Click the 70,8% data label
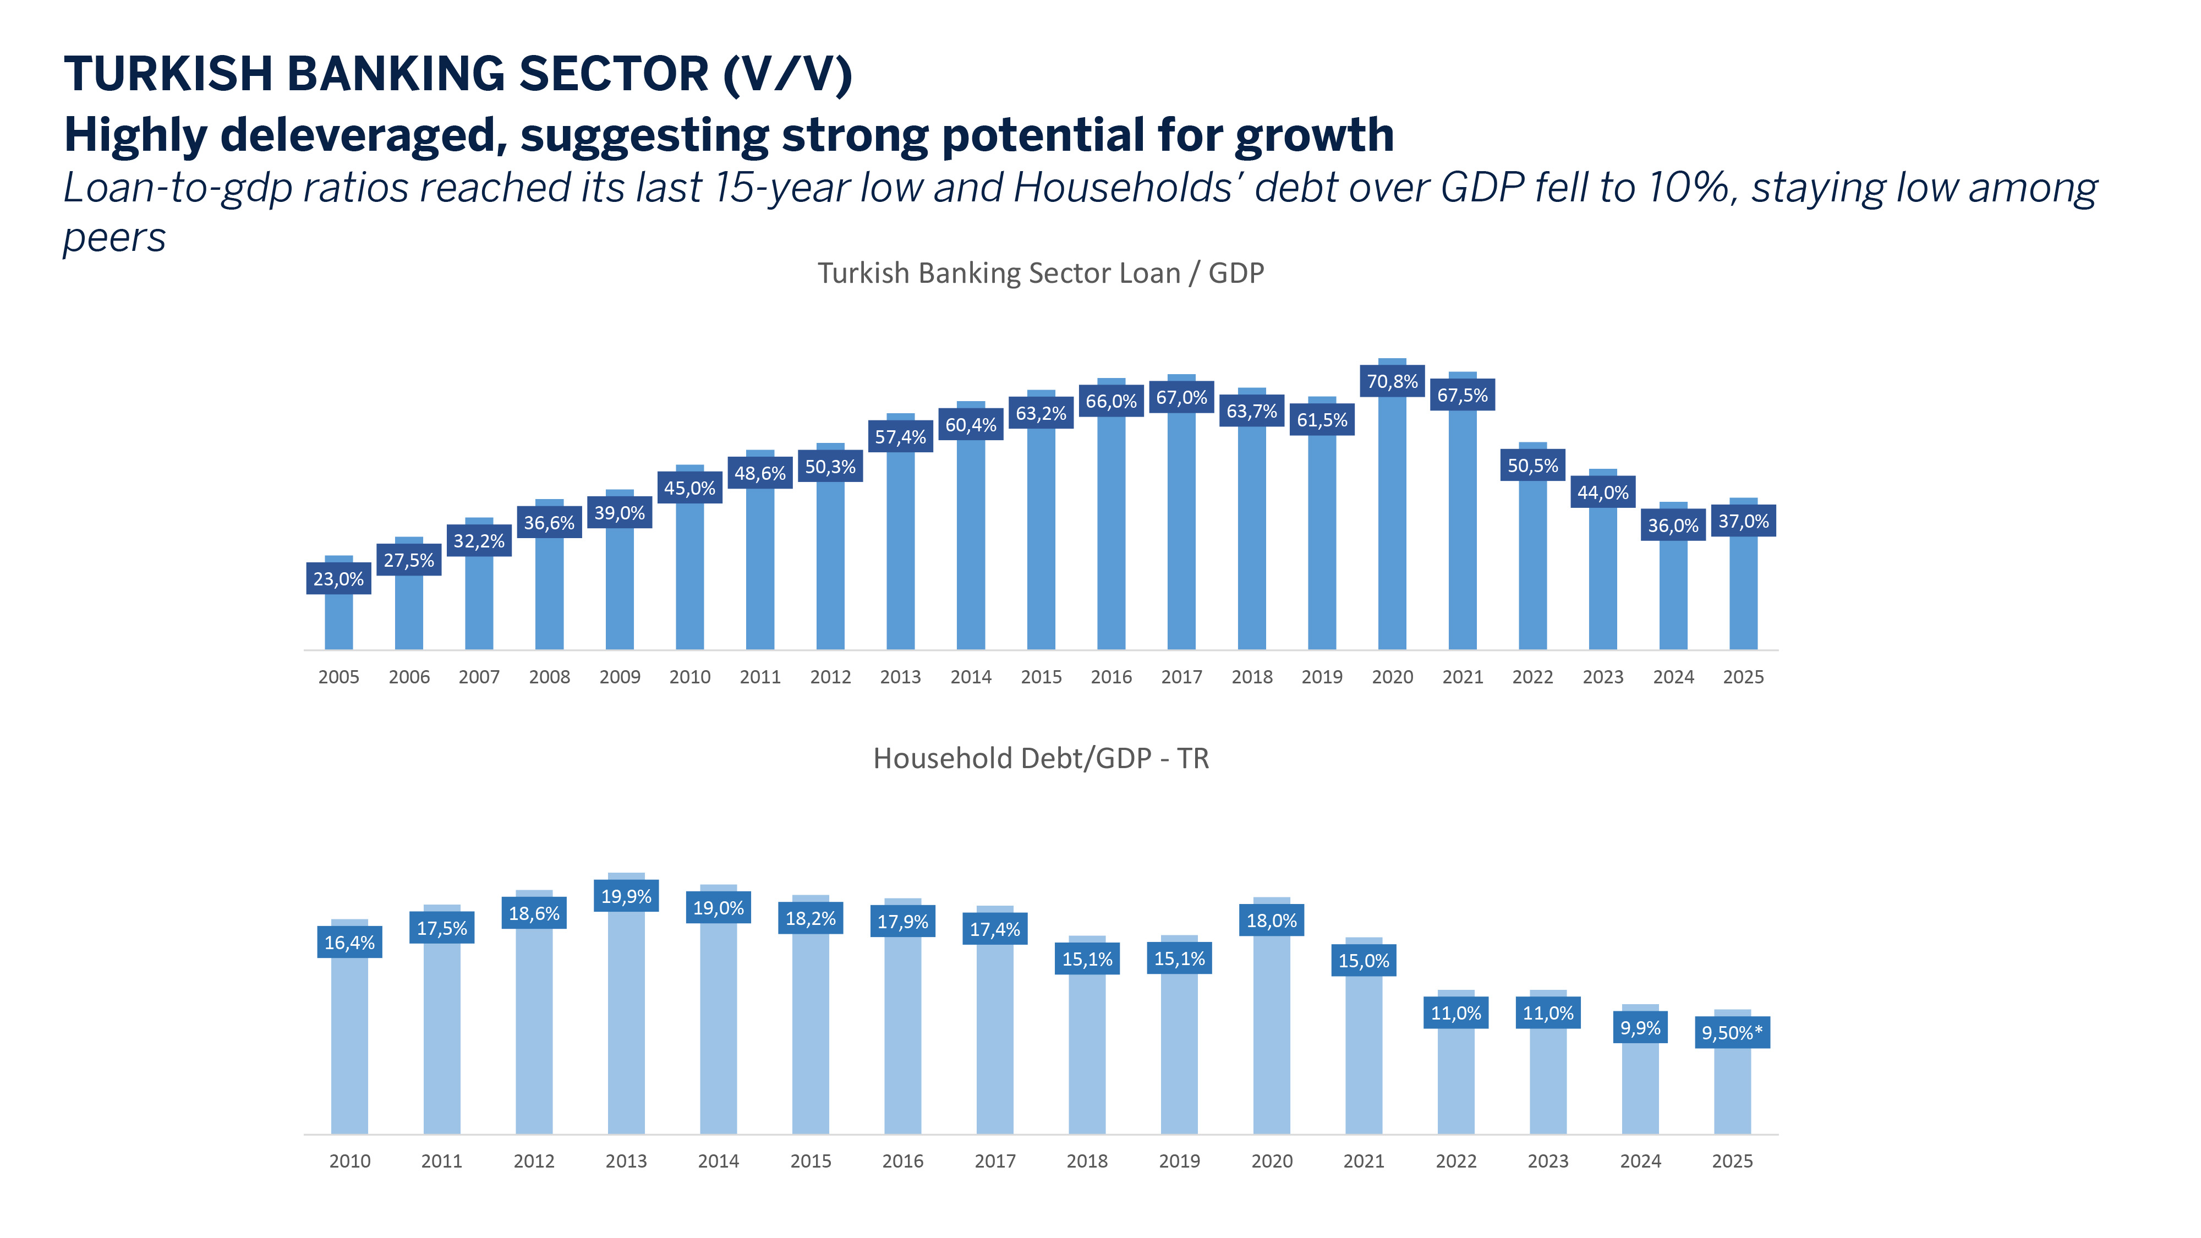coord(1392,382)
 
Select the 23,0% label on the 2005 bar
coord(338,579)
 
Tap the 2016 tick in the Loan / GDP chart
coord(1111,677)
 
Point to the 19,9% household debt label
coord(626,896)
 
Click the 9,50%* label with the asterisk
coord(1732,1033)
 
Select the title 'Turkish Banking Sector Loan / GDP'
coord(1040,273)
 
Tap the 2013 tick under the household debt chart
coord(626,1161)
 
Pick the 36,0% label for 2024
coord(1673,525)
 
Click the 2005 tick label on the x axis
coord(338,677)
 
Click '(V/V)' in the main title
coord(787,74)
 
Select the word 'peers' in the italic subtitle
coord(114,238)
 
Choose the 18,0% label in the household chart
coord(1272,921)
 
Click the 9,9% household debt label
coord(1640,1028)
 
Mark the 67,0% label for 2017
coord(1182,397)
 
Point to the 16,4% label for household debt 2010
coord(349,943)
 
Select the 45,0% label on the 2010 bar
coord(689,488)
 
